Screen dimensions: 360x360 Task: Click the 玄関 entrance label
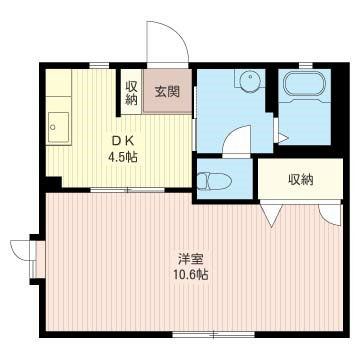(166, 92)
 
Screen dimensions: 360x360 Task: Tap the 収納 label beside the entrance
(131, 93)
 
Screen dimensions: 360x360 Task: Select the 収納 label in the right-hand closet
(300, 180)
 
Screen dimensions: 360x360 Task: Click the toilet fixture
(214, 181)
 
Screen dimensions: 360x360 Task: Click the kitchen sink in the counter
(59, 128)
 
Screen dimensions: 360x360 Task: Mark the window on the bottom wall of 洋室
(200, 333)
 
